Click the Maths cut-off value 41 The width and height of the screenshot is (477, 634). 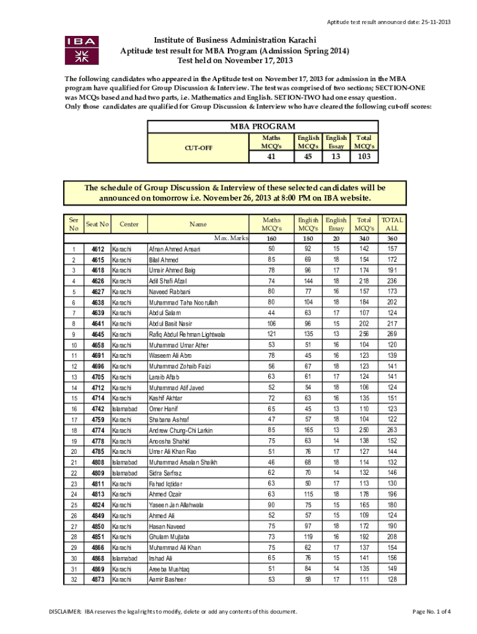[271, 157]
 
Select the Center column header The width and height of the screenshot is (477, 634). [129, 224]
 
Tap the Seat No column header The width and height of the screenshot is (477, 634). [97, 224]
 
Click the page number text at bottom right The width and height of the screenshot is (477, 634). [432, 612]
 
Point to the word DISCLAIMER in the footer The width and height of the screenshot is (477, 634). [65, 612]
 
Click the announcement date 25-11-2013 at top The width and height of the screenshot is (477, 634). [432, 23]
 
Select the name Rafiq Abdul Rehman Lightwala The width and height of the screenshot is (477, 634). [187, 334]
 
